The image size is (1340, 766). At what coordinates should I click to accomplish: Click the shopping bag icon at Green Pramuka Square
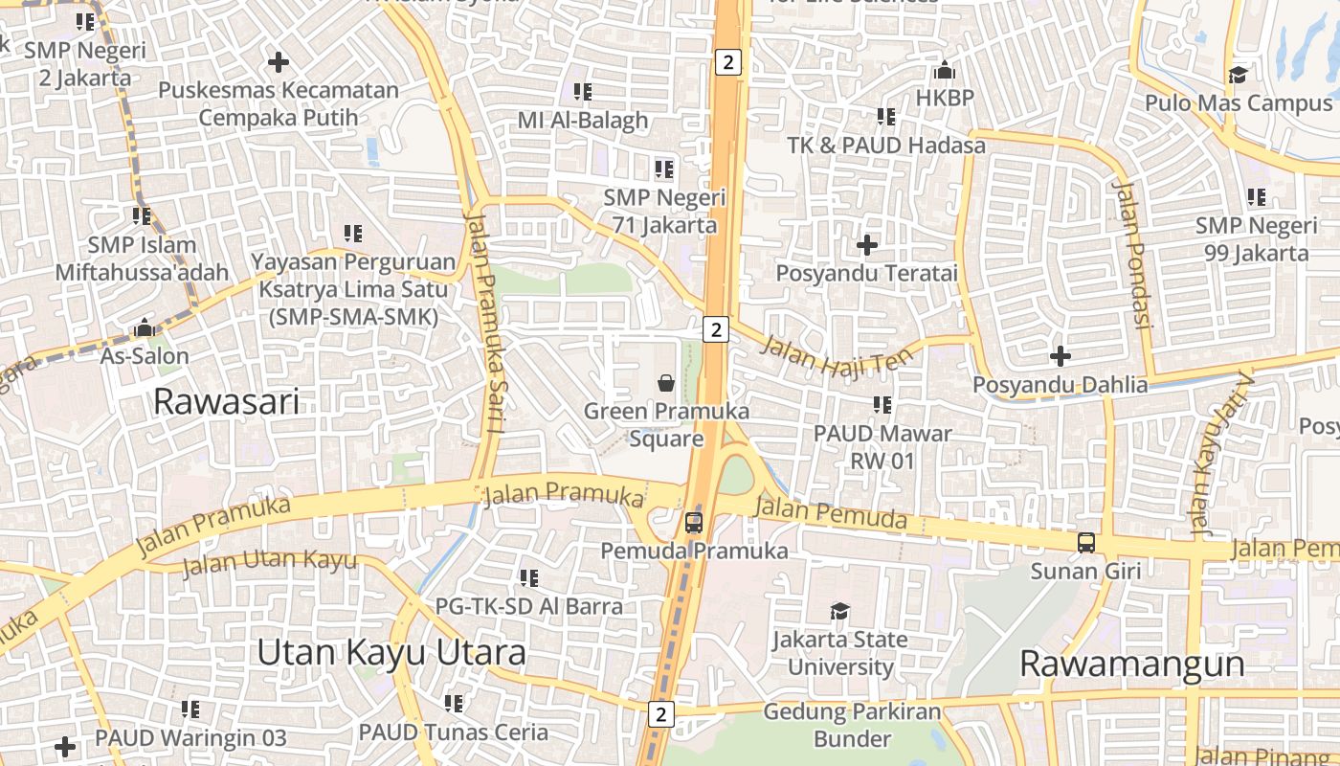coord(666,383)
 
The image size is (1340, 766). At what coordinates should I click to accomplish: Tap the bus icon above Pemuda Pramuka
coord(694,523)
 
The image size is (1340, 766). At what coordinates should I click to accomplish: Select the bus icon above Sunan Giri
coord(1086,543)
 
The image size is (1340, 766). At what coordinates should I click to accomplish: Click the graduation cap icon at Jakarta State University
coord(839,611)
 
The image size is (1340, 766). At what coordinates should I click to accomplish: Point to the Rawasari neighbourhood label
coord(226,401)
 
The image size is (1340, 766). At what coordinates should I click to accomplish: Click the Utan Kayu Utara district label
coord(391,652)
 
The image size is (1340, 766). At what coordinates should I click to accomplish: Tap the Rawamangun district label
coord(1131,664)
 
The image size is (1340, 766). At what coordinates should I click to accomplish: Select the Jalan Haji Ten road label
coord(837,355)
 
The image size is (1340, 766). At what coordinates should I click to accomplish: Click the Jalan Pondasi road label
coord(1130,254)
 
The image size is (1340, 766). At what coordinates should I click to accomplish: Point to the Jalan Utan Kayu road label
coord(269,562)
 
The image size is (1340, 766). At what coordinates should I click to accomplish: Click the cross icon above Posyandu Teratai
coord(867,245)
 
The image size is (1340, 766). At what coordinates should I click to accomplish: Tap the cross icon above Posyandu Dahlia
coord(1060,356)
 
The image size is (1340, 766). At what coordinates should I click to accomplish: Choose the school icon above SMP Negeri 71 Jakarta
coord(664,169)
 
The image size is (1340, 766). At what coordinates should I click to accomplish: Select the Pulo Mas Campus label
coord(1239,102)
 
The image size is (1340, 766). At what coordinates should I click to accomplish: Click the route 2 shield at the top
coord(728,63)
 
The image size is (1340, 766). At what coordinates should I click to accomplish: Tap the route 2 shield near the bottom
coord(660,713)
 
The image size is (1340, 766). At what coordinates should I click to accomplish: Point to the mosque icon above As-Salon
coord(145,327)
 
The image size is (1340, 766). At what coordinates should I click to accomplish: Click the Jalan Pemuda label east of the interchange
coord(830,514)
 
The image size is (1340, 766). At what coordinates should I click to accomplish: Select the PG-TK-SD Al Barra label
coord(528,606)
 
